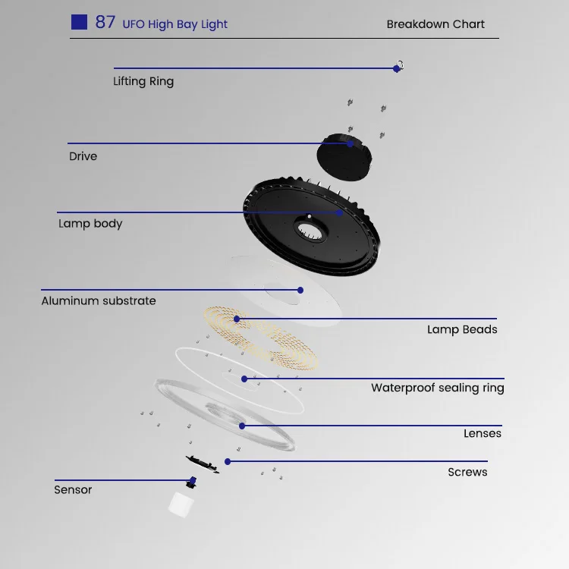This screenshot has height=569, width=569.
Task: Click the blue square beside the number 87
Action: click(79, 22)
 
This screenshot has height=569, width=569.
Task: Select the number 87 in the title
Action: click(105, 22)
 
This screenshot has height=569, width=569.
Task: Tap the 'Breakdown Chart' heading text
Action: click(435, 24)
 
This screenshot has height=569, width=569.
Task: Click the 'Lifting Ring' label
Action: click(143, 81)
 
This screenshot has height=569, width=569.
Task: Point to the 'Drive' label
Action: click(83, 156)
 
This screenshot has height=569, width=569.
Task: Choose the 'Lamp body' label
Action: click(90, 224)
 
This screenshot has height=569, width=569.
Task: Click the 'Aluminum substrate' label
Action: click(99, 300)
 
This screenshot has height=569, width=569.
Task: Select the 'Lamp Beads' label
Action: click(462, 329)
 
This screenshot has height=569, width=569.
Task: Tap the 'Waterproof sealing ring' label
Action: click(437, 388)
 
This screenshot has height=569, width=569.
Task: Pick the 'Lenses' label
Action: click(483, 433)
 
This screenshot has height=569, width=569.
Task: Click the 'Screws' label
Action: click(467, 472)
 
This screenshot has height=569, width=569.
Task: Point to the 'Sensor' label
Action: click(73, 490)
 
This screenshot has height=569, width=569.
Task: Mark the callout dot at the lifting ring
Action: click(396, 68)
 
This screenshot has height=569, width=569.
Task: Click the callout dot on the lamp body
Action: click(340, 212)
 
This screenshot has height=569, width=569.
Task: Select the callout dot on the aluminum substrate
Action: click(300, 290)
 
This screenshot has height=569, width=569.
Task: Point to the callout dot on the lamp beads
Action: click(237, 319)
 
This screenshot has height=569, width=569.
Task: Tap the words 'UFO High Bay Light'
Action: click(174, 24)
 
